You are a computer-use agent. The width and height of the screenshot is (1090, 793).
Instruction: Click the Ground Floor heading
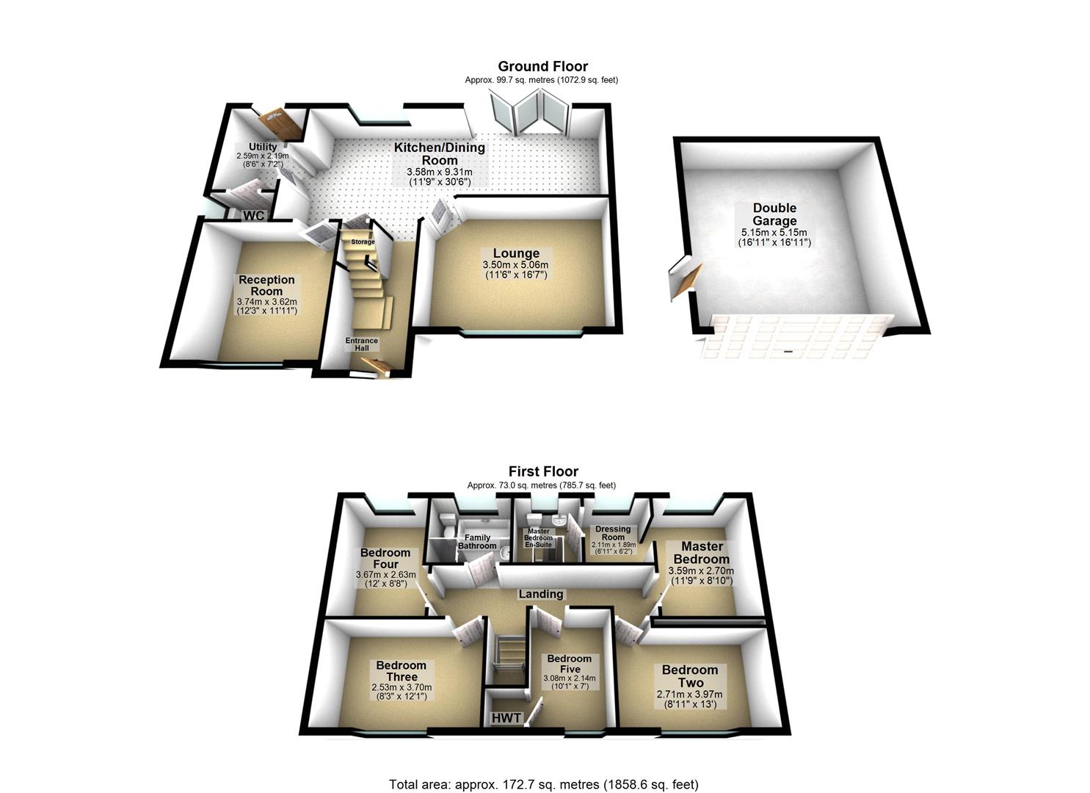pyautogui.click(x=542, y=67)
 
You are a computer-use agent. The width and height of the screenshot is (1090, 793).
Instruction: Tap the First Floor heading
pyautogui.click(x=543, y=471)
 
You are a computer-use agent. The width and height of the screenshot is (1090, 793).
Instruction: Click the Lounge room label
pyautogui.click(x=515, y=254)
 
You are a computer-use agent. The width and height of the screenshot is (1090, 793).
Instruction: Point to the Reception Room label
pyautogui.click(x=266, y=285)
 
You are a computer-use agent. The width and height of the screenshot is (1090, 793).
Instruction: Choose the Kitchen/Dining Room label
pyautogui.click(x=440, y=153)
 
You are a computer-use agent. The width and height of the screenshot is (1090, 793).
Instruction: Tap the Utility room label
pyautogui.click(x=262, y=147)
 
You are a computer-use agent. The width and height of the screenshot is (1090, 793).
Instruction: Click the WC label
pyautogui.click(x=254, y=215)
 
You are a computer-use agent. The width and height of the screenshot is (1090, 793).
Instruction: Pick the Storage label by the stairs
pyautogui.click(x=363, y=242)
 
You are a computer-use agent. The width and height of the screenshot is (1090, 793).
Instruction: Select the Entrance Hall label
pyautogui.click(x=362, y=344)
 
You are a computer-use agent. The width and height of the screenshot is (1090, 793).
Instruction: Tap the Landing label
pyautogui.click(x=541, y=594)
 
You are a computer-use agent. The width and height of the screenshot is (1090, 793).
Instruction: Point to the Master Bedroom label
pyautogui.click(x=702, y=552)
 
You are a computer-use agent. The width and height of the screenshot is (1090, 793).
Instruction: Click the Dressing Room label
pyautogui.click(x=613, y=532)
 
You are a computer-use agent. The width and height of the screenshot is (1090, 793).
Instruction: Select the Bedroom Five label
pyautogui.click(x=569, y=664)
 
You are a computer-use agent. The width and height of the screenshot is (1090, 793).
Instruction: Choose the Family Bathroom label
pyautogui.click(x=477, y=542)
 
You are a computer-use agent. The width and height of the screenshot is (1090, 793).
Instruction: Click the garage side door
pyautogui.click(x=682, y=278)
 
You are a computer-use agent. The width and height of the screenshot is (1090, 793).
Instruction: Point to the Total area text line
pyautogui.click(x=543, y=784)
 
